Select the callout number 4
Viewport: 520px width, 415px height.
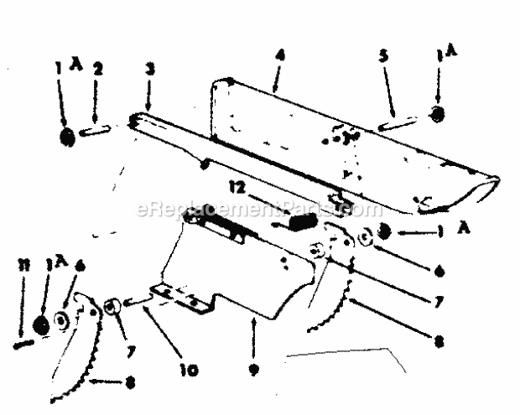coord(278,56)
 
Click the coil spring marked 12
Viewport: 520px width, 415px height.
coord(304,222)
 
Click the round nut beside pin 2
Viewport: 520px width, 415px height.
coord(68,135)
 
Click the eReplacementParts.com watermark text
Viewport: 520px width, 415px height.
coord(247,210)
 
